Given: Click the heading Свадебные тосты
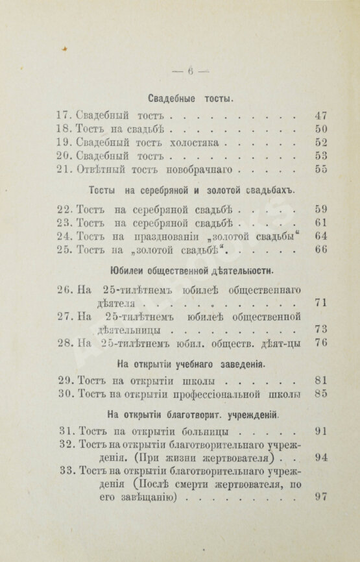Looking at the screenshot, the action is (191, 99).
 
